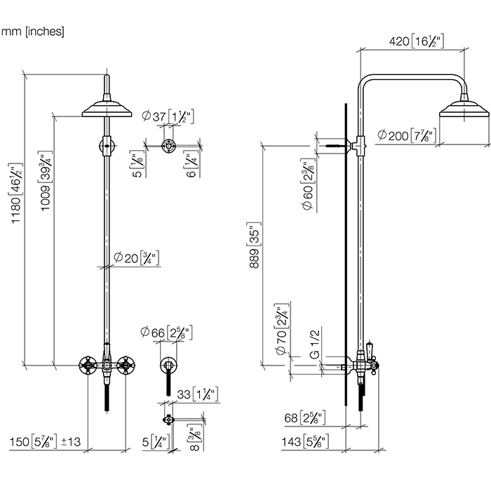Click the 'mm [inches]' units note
[x=32, y=32]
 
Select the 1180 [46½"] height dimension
[x=17, y=193]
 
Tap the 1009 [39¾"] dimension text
[x=46, y=181]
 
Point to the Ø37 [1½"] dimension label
[x=168, y=116]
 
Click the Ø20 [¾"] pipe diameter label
[x=137, y=258]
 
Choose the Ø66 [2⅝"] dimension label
[x=166, y=332]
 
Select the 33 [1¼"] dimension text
[x=198, y=394]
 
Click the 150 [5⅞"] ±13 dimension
[x=45, y=442]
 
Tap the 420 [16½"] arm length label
[x=417, y=41]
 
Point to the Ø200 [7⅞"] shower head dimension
[x=406, y=135]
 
